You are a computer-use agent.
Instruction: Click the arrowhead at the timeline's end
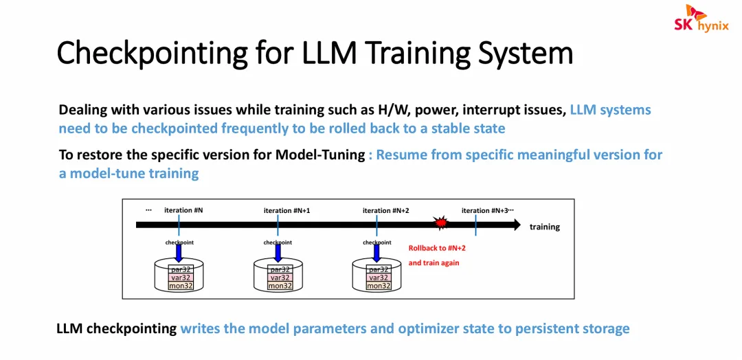tap(516, 225)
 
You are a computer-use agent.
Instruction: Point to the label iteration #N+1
tap(286, 210)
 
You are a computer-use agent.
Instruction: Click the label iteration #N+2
tap(385, 210)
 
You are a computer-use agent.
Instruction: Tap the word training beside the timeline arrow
tap(545, 227)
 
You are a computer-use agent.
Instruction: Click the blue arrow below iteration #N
tap(179, 253)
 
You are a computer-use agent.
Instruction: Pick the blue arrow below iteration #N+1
tap(278, 253)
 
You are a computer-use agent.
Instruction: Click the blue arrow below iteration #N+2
tap(377, 253)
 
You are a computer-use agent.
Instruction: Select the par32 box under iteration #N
tap(181, 269)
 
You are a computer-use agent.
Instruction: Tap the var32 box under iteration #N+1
tap(280, 278)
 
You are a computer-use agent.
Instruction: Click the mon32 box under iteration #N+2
tap(379, 286)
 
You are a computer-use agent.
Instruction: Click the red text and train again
tap(434, 262)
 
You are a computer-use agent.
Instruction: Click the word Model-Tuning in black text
tap(319, 155)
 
